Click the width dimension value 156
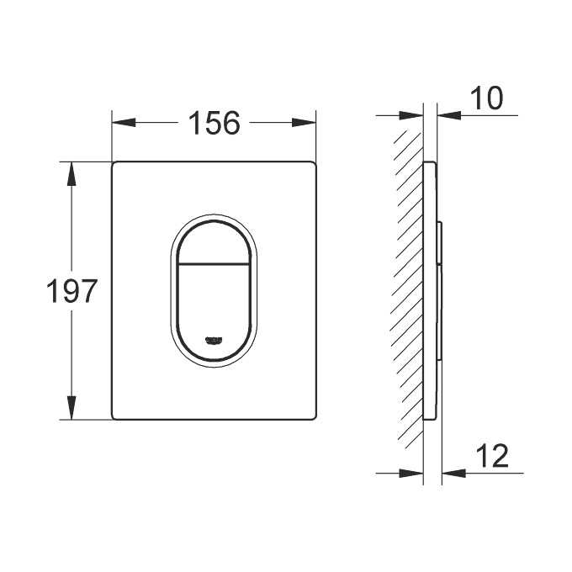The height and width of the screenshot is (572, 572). tap(214, 124)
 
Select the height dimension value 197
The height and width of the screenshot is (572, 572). tap(72, 292)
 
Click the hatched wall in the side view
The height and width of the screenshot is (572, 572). tap(408, 286)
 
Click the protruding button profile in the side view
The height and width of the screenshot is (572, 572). tap(440, 286)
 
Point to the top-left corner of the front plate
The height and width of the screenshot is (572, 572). tap(114, 162)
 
